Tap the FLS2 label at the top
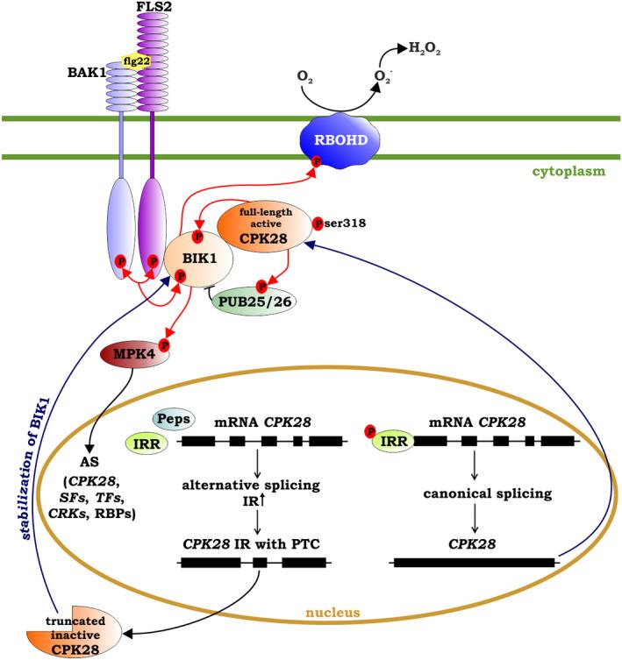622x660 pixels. click(x=150, y=8)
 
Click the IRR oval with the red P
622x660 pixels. click(x=388, y=442)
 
